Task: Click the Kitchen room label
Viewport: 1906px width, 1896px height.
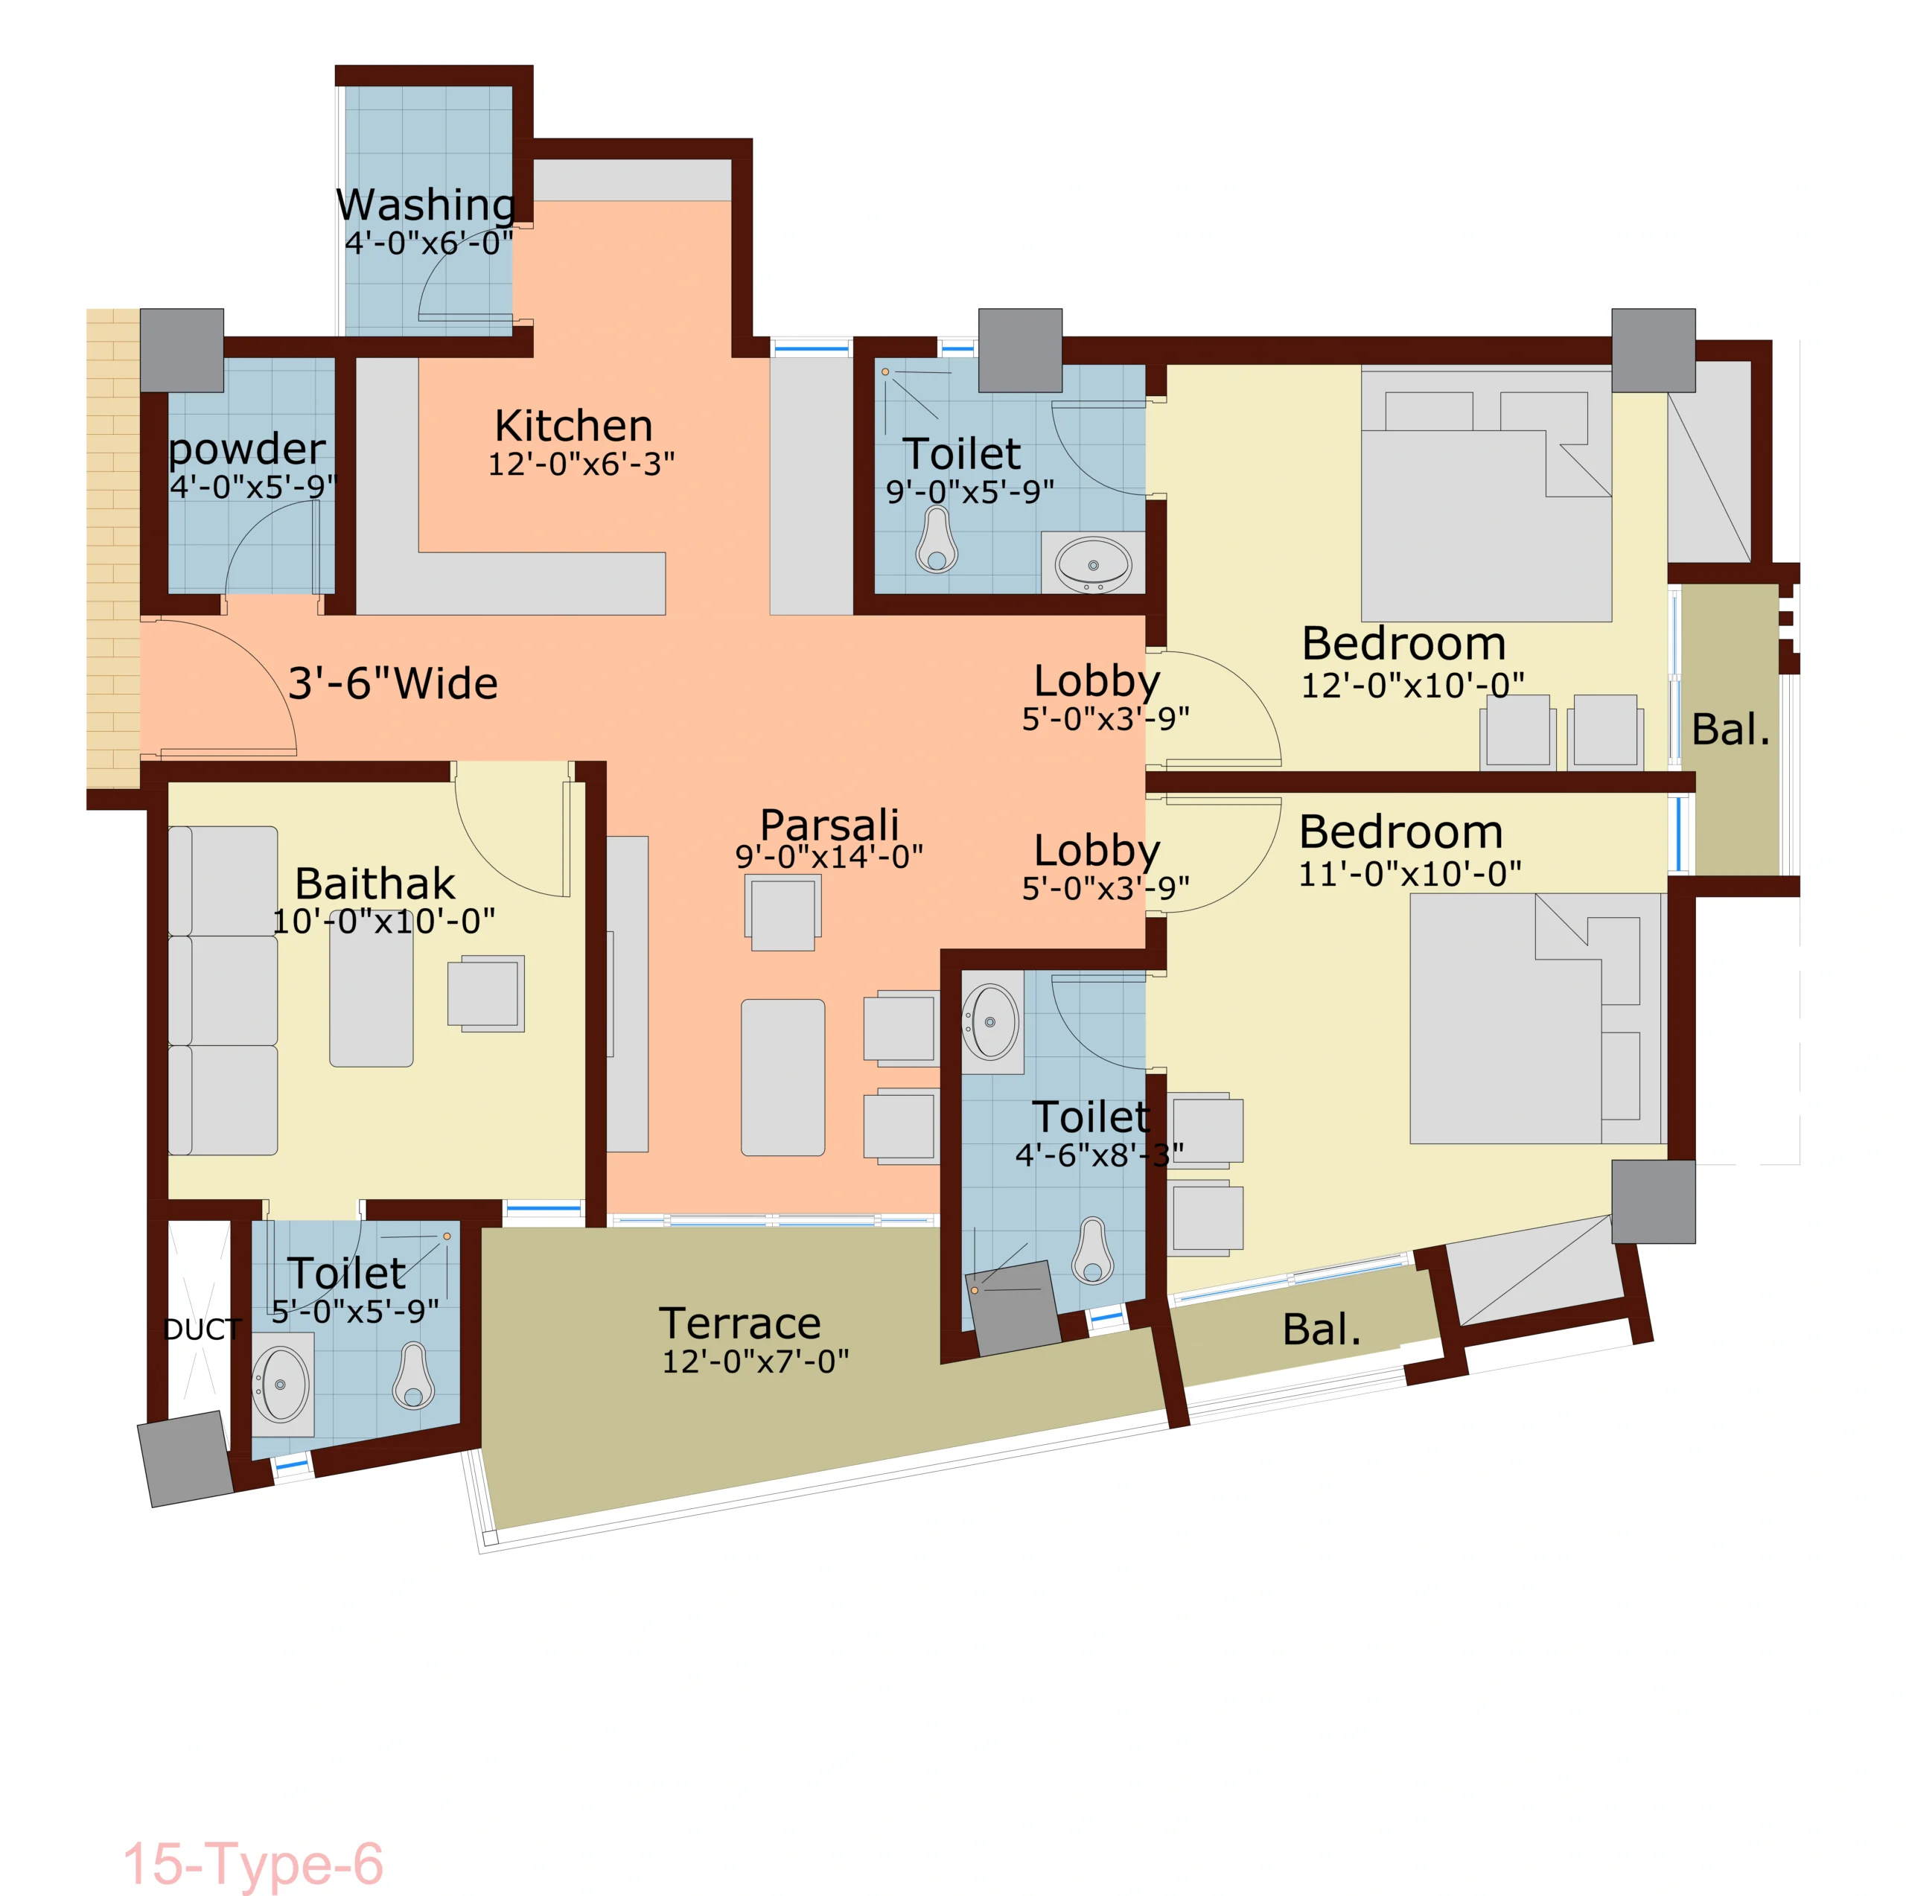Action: (573, 426)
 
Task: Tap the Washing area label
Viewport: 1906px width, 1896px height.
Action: (425, 205)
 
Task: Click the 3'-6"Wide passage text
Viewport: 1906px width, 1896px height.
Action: (392, 683)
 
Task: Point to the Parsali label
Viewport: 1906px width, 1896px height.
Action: (829, 825)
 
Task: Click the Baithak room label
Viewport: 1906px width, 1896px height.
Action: (375, 883)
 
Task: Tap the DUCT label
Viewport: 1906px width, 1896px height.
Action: (203, 1330)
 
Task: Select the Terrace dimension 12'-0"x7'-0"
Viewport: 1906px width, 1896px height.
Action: (755, 1362)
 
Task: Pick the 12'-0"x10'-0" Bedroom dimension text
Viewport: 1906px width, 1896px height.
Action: (1412, 685)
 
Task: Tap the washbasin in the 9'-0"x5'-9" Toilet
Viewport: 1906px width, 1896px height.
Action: (1093, 564)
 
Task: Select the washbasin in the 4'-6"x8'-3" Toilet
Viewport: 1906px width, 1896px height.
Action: (990, 1021)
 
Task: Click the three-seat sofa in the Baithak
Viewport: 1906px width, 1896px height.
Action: (223, 990)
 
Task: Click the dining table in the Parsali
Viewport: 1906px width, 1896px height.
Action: (783, 1077)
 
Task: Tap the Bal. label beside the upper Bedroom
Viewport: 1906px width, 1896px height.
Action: (1731, 730)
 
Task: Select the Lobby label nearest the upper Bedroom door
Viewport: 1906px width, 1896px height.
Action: (1097, 682)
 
